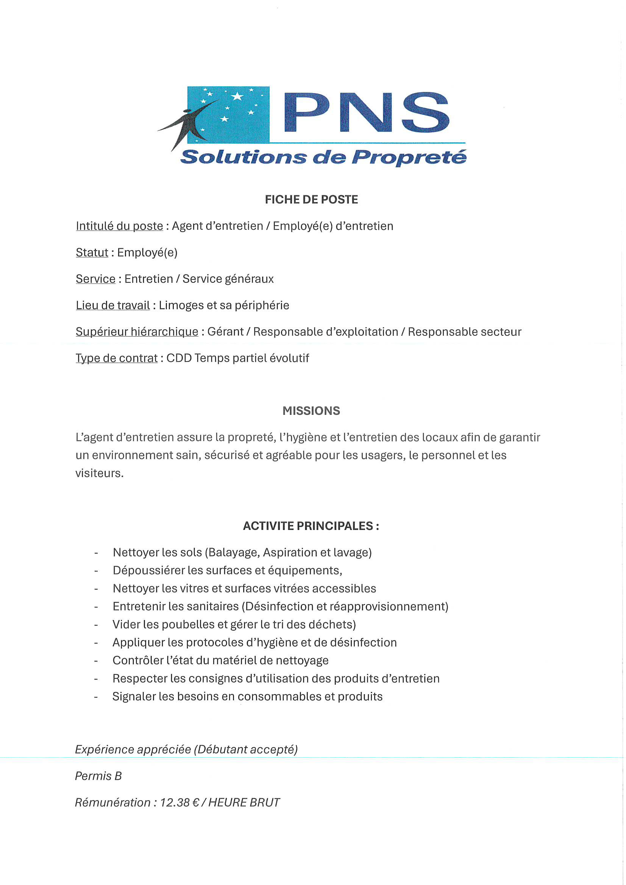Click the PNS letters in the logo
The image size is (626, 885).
coord(367,112)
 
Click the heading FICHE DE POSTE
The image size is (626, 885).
coord(311,199)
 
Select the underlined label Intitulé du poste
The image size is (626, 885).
coord(119,226)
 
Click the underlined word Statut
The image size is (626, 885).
coord(92,252)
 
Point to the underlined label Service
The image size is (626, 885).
coord(95,279)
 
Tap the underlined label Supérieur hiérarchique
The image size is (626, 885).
coord(137,332)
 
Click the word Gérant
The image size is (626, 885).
coord(225,332)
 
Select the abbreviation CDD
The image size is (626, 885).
coord(179,358)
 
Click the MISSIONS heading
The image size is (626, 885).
coord(311,411)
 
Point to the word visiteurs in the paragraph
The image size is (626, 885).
coord(99,473)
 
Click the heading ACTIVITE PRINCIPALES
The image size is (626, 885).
coord(311,526)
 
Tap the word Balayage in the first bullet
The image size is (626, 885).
coord(234,552)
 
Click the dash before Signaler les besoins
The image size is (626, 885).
coord(96,697)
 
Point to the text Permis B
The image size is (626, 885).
coord(98,776)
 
